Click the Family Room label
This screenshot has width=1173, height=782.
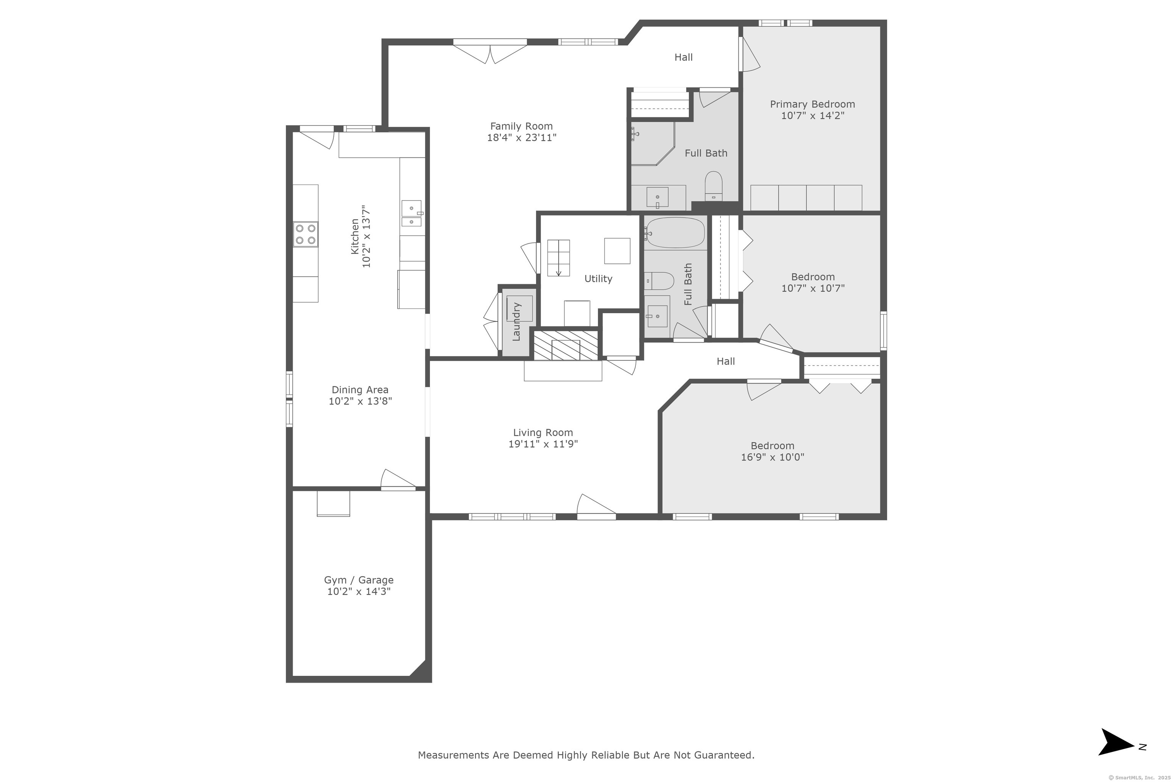tap(521, 126)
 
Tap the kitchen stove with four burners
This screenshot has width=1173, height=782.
tap(305, 234)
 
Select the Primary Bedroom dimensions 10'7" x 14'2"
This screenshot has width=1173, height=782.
tap(813, 116)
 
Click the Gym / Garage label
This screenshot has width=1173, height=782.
tap(359, 580)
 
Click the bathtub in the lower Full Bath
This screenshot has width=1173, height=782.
tap(675, 233)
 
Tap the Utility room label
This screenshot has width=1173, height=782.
tap(598, 279)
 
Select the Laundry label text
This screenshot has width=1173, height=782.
tap(516, 322)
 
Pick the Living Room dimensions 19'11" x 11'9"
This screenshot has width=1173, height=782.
tap(543, 444)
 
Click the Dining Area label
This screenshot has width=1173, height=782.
tap(360, 390)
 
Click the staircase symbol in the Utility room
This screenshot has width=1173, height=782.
tap(559, 258)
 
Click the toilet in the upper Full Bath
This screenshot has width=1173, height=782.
tap(714, 186)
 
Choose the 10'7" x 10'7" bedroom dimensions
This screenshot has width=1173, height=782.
tap(813, 288)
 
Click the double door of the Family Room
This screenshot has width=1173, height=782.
tap(490, 52)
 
